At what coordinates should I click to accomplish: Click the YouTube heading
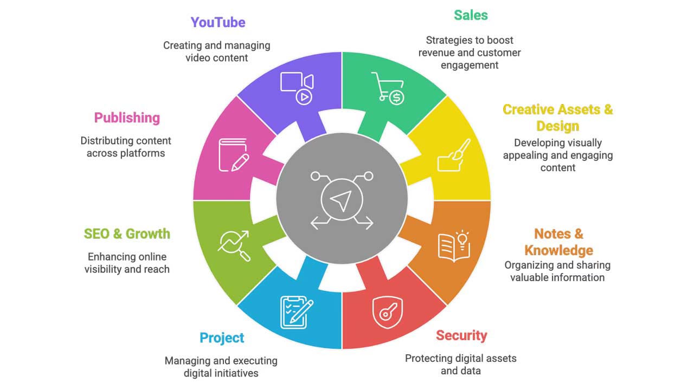(217, 22)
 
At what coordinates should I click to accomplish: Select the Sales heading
(471, 15)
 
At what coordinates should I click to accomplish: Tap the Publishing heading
(127, 118)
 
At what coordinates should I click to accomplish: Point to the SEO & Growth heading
(127, 233)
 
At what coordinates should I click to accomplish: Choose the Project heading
(222, 338)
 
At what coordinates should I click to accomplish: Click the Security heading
(461, 335)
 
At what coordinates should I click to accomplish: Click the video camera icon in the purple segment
(297, 87)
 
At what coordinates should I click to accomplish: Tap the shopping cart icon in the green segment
(388, 88)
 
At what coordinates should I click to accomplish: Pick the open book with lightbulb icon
(454, 246)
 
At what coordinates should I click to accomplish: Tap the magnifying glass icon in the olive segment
(234, 246)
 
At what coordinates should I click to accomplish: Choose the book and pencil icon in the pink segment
(234, 155)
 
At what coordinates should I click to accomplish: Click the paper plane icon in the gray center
(342, 200)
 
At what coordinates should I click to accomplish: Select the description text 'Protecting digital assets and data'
(461, 365)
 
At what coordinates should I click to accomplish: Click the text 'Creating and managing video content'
(217, 51)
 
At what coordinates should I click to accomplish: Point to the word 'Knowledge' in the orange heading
(558, 250)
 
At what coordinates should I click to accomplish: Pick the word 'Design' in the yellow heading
(557, 126)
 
